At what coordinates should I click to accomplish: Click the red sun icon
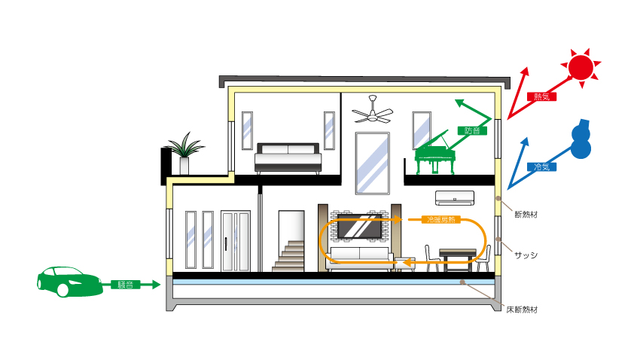581,66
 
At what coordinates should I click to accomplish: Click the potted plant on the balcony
184,153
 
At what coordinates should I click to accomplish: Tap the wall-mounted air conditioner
455,198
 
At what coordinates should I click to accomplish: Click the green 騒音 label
126,285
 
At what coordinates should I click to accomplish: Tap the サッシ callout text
525,255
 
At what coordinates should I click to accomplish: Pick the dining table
457,255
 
